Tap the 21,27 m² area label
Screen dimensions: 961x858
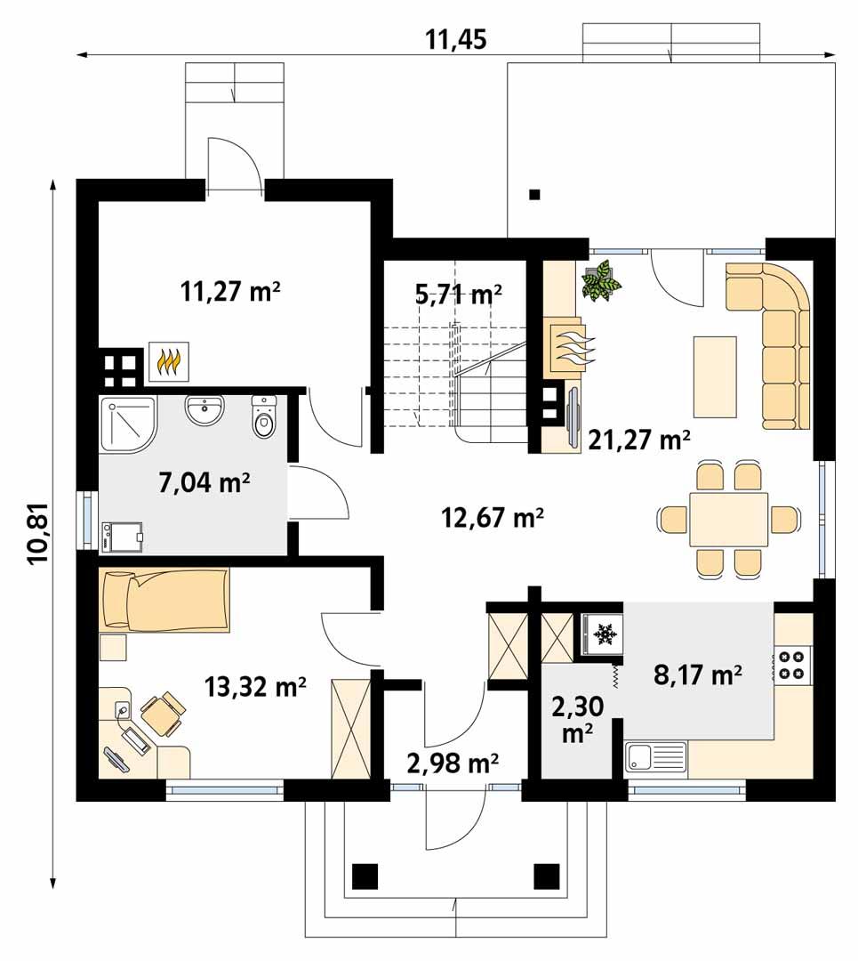639,438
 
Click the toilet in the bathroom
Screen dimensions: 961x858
264,418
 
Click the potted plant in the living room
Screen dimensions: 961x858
601,280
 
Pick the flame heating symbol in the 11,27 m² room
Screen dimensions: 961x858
168,362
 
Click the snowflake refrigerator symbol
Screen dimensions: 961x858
605,634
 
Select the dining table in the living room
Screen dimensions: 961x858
728,520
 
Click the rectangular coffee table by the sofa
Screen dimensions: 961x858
715,376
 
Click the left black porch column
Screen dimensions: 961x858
365,876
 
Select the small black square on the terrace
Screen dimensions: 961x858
534,195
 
